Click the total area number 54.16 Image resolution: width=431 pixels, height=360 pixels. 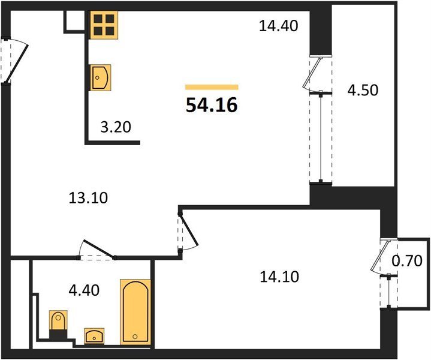(212, 106)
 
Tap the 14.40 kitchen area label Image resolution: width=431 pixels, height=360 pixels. (279, 26)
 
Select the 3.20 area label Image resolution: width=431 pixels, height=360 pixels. (116, 127)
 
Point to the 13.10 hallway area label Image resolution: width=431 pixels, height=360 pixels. (88, 198)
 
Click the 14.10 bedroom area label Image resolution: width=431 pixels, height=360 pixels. (279, 277)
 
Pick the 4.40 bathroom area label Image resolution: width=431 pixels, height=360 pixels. (84, 290)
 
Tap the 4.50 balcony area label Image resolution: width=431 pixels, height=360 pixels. (363, 90)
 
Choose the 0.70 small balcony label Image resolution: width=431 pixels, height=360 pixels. (407, 260)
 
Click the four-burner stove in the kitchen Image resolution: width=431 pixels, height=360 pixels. (104, 25)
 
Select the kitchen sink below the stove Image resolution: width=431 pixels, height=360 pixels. (101, 77)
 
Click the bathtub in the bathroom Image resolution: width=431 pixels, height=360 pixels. (135, 312)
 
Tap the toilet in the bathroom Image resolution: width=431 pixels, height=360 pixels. (58, 324)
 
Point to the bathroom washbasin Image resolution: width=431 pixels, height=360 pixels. (94, 336)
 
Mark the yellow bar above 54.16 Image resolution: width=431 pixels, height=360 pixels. (212, 87)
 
